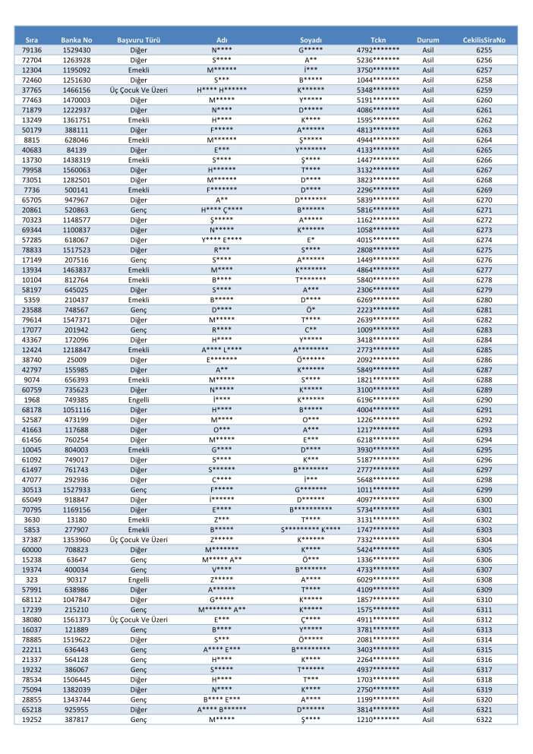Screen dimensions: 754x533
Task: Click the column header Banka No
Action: point(76,39)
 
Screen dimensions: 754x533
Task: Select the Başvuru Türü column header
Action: point(138,39)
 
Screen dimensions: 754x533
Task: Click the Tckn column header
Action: point(378,39)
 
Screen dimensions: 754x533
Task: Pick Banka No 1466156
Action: point(76,89)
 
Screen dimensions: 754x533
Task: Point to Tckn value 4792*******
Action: point(378,49)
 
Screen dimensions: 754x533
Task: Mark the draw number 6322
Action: point(484,718)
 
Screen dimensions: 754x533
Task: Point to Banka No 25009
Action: point(76,359)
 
